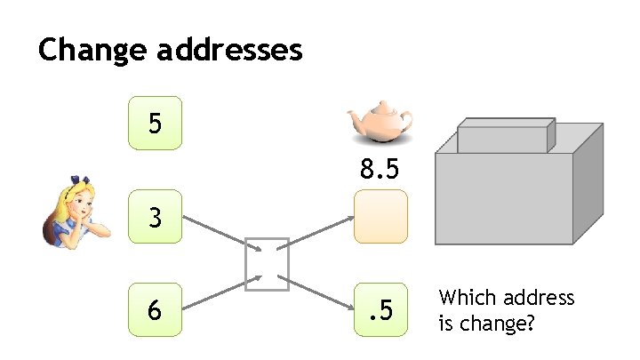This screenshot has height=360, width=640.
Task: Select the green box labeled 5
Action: (156, 123)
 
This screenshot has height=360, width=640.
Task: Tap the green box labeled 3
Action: (156, 216)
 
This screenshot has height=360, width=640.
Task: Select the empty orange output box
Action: (380, 216)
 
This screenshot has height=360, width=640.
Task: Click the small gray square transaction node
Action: (268, 263)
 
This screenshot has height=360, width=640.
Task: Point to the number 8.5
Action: (380, 168)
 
